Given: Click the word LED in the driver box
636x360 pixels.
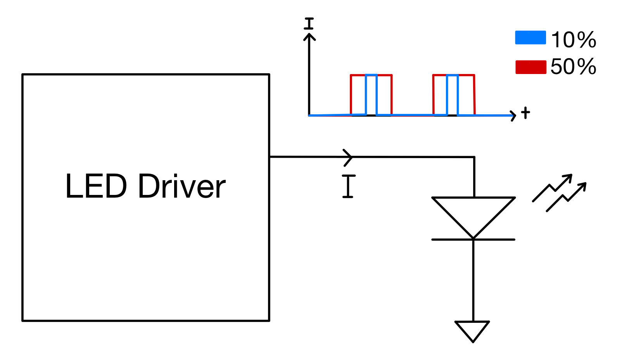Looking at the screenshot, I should pos(96,186).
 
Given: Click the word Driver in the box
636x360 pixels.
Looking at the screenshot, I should pos(181,186).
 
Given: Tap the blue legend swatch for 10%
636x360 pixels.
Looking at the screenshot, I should pos(530,38).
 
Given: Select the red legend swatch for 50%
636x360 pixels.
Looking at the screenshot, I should pos(530,67).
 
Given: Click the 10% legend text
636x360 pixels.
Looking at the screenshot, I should pos(573,40).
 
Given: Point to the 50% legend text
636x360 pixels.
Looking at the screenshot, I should pos(573,67).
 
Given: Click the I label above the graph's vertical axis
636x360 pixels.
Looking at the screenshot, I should pos(309,24).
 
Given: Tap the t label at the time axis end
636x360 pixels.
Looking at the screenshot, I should pos(525,113).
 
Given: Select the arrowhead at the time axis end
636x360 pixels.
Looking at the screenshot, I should pos(513,115).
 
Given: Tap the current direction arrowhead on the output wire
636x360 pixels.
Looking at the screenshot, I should pos(348,157).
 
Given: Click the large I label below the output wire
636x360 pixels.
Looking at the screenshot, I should pos(349,186).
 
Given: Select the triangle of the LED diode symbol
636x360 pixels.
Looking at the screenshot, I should pos(473,213).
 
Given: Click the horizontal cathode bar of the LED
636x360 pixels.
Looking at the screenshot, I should pos(473,239).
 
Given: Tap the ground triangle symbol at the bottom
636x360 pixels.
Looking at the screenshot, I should pos(472,330).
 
